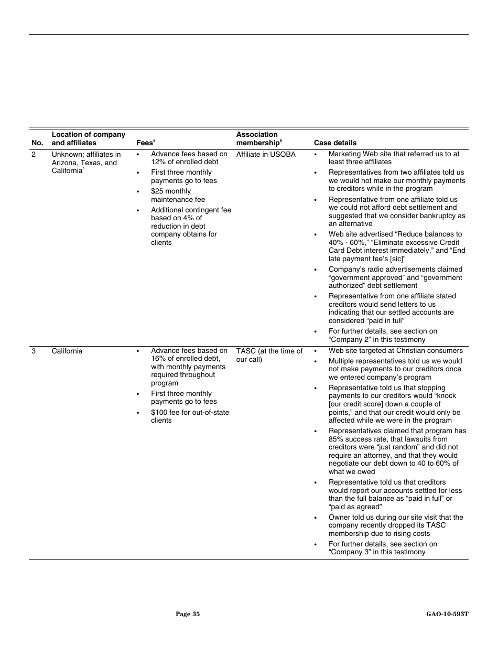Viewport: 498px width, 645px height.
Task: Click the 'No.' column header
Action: tap(37, 143)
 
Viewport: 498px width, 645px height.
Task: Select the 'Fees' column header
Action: tap(145, 143)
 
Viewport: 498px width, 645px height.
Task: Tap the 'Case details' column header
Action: tap(335, 143)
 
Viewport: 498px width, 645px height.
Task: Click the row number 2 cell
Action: tap(34, 154)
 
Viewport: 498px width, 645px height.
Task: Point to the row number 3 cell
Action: tap(34, 351)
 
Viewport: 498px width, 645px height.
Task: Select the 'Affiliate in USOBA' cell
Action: tap(266, 154)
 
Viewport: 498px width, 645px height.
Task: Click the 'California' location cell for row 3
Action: tap(67, 351)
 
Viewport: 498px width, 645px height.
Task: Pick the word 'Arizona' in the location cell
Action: tap(64, 163)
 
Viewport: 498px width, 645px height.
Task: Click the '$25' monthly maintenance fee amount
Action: tap(158, 191)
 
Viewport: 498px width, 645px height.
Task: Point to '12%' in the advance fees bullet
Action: tap(159, 162)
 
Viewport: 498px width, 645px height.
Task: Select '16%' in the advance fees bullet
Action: tap(159, 359)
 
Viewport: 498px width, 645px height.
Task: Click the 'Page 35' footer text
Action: tap(188, 614)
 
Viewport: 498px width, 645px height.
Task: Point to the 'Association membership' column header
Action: tap(259, 138)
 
